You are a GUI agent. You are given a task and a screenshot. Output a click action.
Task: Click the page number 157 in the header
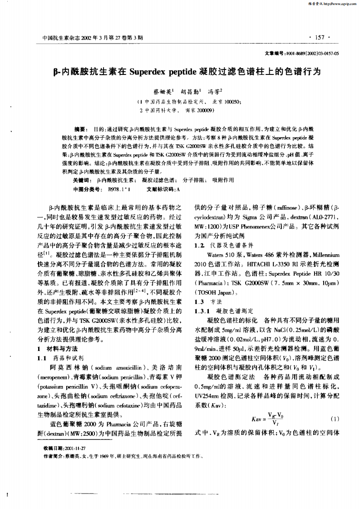tap(321, 38)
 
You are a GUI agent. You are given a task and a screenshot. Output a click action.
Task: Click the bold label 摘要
tap(80, 130)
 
